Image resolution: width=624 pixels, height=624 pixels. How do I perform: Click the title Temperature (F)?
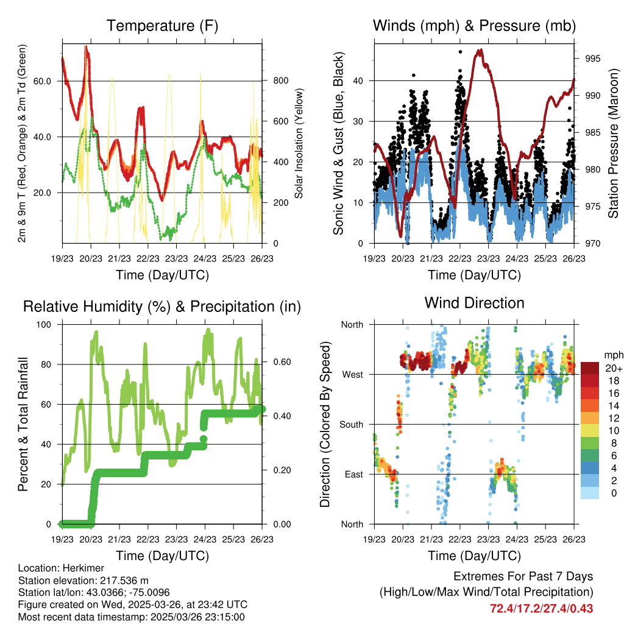coord(162,26)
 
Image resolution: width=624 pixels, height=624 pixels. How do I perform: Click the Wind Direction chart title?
coord(474,302)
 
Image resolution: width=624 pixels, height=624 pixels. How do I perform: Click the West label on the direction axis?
coord(352,374)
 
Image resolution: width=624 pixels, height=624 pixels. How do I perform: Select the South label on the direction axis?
coord(351,424)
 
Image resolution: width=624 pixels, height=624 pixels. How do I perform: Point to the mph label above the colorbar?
coord(612,355)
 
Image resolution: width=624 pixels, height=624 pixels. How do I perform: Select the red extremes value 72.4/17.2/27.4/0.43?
coord(542,608)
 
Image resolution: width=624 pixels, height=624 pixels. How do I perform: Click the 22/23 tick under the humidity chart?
coord(148,539)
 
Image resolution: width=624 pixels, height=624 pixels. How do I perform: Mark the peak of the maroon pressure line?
coord(481,51)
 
